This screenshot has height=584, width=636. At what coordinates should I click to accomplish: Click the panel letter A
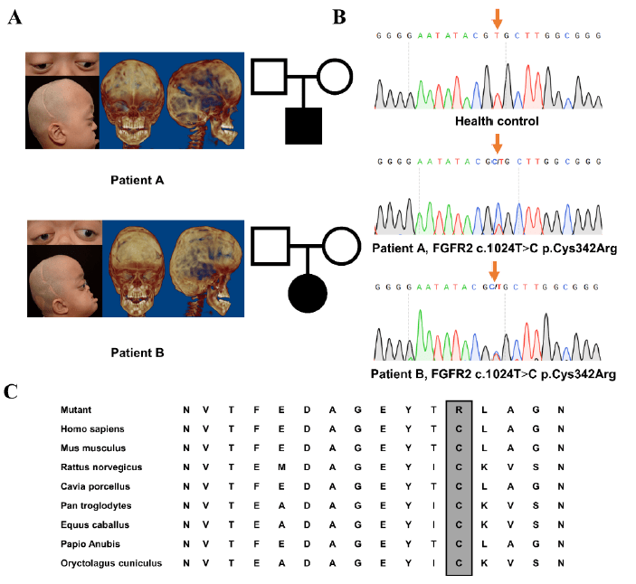(x=14, y=18)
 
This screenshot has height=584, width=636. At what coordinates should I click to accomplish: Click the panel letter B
(x=339, y=16)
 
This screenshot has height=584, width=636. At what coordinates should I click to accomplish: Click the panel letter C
(x=12, y=391)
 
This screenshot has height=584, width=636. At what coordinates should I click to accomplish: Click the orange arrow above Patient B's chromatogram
(x=494, y=269)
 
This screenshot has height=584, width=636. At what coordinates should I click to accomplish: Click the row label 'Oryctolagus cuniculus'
(x=111, y=562)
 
